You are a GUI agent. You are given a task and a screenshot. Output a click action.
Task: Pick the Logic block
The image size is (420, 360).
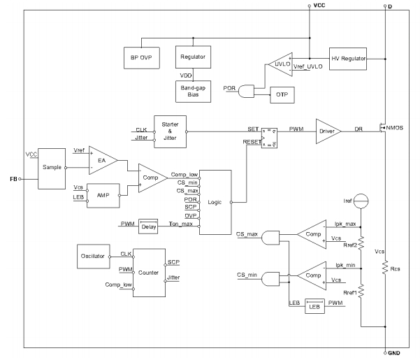[x=215, y=201]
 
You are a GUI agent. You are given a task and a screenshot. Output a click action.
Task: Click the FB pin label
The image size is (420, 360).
[x=13, y=179]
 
